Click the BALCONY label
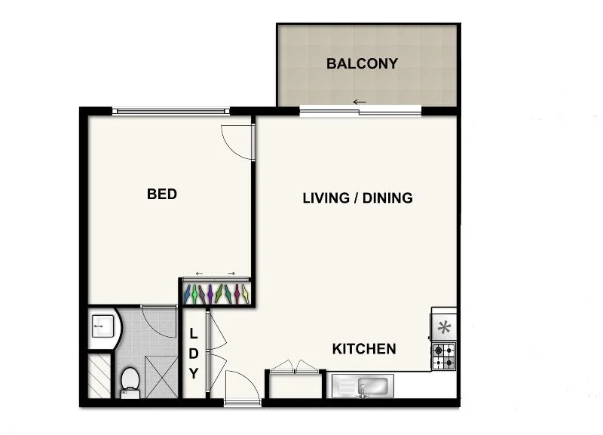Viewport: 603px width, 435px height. pos(362,63)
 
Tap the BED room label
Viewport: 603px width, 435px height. pos(161,195)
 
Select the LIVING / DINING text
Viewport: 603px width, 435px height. pos(357,198)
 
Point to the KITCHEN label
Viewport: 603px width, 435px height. pos(364,349)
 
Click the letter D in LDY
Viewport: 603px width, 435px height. pos(193,353)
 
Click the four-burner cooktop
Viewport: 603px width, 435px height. pos(443,356)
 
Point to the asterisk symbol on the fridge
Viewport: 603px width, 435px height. pos(444,328)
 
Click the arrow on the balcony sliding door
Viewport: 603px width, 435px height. pos(360,102)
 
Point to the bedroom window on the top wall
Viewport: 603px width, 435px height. pos(171,112)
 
